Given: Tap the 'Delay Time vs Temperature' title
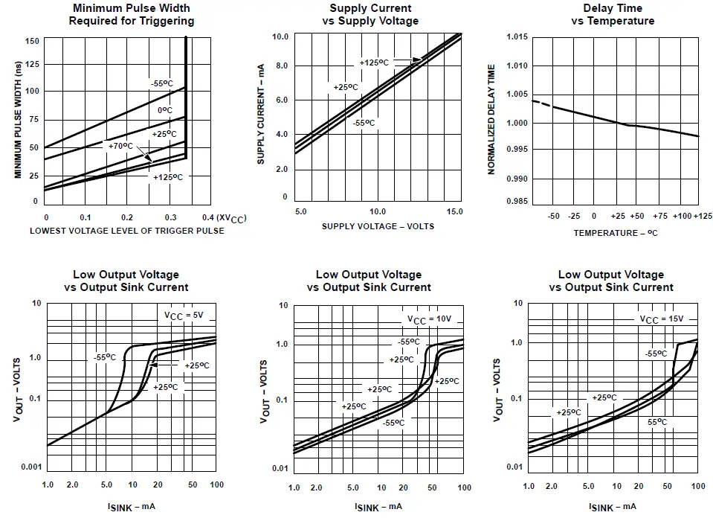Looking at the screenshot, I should [x=613, y=14].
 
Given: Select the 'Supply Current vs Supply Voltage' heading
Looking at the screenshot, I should [x=370, y=14].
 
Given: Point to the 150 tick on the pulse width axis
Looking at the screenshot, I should [x=31, y=41].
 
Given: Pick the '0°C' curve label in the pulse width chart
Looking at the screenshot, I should [x=164, y=111].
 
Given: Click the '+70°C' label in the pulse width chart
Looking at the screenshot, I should [x=121, y=146].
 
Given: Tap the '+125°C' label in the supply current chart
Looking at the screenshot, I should [x=374, y=63].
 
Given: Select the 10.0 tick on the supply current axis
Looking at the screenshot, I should [x=280, y=36].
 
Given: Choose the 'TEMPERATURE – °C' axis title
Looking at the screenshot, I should [x=615, y=233].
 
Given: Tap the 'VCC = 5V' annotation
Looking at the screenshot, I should [x=184, y=316].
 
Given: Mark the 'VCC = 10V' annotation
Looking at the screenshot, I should [x=429, y=319].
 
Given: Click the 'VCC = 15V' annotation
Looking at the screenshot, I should [x=662, y=319].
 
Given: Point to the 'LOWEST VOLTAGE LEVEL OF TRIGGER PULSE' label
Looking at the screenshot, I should [x=127, y=231].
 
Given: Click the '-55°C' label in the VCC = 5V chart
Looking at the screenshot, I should [x=105, y=357].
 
